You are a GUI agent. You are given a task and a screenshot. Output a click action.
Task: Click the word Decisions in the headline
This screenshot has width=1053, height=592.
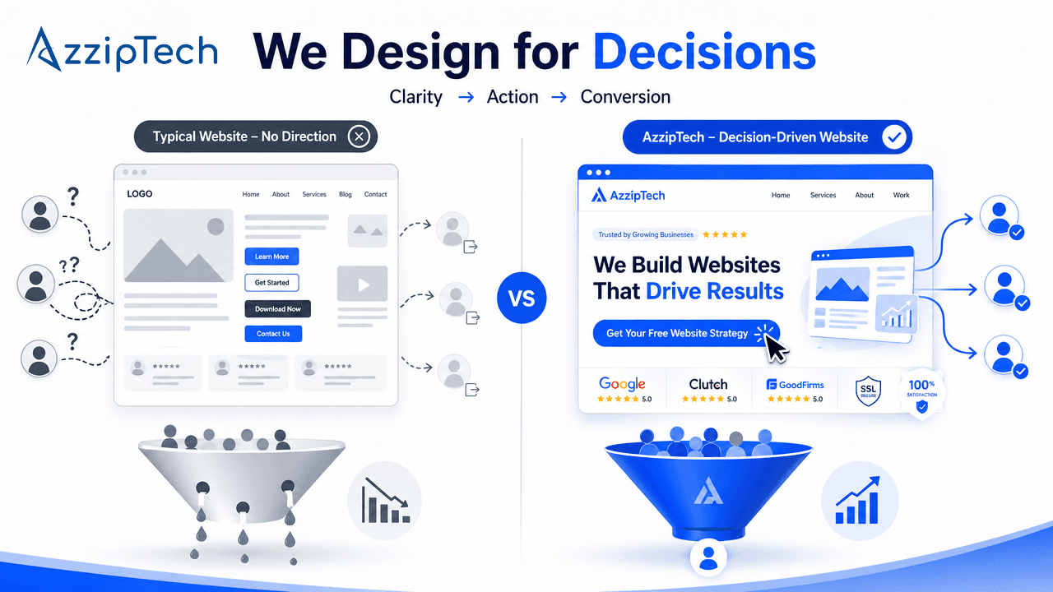(704, 51)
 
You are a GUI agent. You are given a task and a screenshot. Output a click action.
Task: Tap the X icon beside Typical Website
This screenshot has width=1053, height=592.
(359, 136)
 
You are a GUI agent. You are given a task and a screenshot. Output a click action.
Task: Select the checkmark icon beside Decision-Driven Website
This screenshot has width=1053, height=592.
(893, 137)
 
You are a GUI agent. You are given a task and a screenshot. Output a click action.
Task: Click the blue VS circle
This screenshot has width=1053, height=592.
(522, 297)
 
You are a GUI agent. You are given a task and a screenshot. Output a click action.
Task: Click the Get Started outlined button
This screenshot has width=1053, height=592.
(271, 283)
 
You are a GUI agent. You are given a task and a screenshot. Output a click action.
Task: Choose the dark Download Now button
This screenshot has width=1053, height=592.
(277, 309)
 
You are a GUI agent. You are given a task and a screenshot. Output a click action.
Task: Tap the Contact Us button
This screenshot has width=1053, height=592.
(273, 334)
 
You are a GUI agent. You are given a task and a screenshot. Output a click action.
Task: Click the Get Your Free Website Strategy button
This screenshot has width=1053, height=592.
(677, 333)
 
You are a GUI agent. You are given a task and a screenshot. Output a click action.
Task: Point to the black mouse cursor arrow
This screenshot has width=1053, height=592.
(776, 349)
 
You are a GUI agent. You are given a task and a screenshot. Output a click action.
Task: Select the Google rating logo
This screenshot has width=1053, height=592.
(622, 384)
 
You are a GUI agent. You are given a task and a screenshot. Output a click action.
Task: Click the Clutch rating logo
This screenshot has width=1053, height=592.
(708, 384)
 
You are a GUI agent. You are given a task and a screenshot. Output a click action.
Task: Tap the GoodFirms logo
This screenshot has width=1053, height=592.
(794, 384)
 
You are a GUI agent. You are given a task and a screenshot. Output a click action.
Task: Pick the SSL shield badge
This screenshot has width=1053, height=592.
(869, 390)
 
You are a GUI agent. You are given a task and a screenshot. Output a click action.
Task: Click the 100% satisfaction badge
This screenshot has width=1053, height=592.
(922, 392)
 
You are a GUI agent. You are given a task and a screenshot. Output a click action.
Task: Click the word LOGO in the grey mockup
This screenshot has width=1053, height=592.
(139, 194)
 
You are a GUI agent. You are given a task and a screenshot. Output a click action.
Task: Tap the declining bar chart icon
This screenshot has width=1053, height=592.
(385, 501)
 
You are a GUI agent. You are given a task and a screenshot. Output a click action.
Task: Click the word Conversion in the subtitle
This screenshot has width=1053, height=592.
(625, 97)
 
